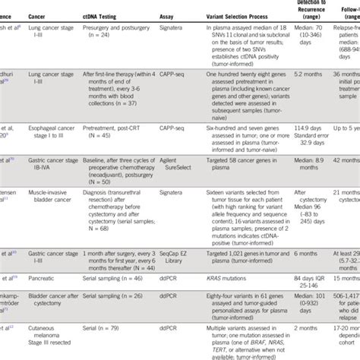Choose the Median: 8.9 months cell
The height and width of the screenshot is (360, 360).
[308, 165]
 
